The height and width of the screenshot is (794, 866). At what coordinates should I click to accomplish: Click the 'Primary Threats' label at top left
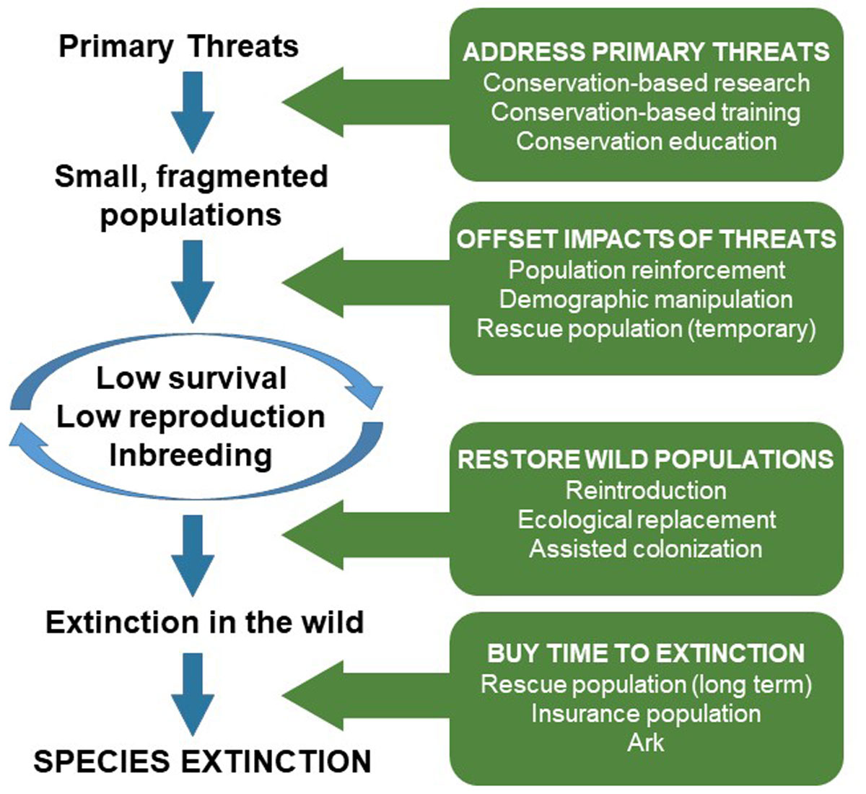pyautogui.click(x=178, y=47)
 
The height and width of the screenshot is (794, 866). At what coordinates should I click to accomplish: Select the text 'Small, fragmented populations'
pyautogui.click(x=191, y=196)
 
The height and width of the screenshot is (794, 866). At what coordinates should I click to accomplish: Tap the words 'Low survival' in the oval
pyautogui.click(x=192, y=378)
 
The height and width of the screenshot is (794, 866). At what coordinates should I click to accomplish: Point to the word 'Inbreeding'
pyautogui.click(x=191, y=455)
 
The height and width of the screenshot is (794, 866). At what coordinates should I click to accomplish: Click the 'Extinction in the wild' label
pyautogui.click(x=205, y=622)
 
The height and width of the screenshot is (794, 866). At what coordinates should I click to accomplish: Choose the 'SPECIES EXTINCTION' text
pyautogui.click(x=203, y=762)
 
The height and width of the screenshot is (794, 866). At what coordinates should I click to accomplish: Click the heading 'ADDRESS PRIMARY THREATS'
pyautogui.click(x=646, y=53)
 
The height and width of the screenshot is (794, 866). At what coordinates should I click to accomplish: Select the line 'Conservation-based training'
pyautogui.click(x=646, y=112)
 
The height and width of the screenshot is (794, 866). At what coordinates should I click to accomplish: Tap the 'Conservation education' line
pyautogui.click(x=646, y=141)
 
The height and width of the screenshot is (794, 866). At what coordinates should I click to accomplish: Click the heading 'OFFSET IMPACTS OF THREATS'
pyautogui.click(x=646, y=240)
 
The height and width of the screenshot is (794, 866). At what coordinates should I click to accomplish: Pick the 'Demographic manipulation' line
pyautogui.click(x=646, y=300)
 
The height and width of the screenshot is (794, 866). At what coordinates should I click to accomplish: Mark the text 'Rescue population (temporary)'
pyautogui.click(x=646, y=329)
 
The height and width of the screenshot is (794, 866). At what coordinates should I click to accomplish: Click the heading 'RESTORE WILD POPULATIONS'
pyautogui.click(x=646, y=460)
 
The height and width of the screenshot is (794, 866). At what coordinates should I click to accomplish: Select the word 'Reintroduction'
pyautogui.click(x=646, y=490)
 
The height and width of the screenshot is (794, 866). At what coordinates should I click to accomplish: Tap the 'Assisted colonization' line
pyautogui.click(x=646, y=549)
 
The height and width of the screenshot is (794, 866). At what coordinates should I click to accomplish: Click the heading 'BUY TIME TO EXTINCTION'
pyautogui.click(x=646, y=653)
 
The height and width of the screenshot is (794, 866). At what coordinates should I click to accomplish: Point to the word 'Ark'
pyautogui.click(x=646, y=743)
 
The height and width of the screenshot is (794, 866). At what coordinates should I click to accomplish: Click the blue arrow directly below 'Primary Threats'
pyautogui.click(x=193, y=112)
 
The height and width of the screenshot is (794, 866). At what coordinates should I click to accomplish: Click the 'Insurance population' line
pyautogui.click(x=646, y=714)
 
